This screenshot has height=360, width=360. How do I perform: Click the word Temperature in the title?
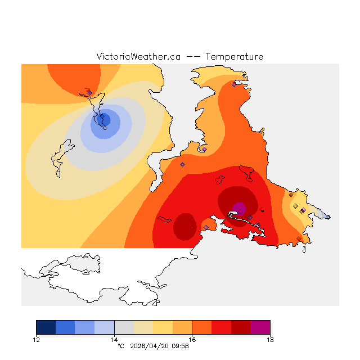[x=234, y=57]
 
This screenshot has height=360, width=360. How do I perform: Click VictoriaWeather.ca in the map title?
[x=138, y=57]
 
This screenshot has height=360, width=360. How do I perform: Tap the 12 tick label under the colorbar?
[x=37, y=339]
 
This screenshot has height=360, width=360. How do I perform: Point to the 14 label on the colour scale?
[x=114, y=339]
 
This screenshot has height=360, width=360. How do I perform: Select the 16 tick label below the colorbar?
[x=192, y=339]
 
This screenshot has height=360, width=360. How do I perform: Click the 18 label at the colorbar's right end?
[x=270, y=339]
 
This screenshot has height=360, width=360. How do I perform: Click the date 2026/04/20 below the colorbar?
[x=147, y=346]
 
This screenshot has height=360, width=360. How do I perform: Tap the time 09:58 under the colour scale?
[x=179, y=346]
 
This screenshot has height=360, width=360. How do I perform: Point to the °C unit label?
[x=120, y=346]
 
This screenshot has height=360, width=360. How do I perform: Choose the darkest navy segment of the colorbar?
[x=46, y=327]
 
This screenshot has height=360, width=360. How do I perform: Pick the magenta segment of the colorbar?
[x=260, y=327]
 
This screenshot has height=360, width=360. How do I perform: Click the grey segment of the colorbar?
[x=124, y=327]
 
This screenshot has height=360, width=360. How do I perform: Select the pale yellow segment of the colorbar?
[x=143, y=327]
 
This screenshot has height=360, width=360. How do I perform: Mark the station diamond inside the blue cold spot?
[x=102, y=117]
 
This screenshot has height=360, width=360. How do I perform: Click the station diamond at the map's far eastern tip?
[x=328, y=217]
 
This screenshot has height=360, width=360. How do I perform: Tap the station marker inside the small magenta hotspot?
[x=240, y=211]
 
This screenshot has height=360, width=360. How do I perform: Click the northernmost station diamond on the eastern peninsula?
[x=234, y=85]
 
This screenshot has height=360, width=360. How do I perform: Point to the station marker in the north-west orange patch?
[x=89, y=93]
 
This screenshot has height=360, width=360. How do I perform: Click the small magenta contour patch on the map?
[x=239, y=208]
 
